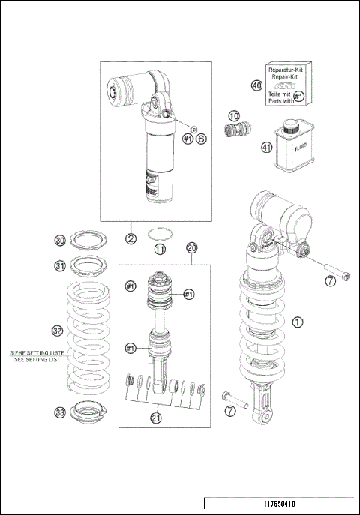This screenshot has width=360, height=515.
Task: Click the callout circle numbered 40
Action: click(257, 85)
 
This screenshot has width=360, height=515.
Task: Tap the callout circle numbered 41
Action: click(265, 147)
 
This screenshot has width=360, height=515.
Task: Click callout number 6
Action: click(202, 139)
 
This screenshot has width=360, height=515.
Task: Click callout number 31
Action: click(60, 264)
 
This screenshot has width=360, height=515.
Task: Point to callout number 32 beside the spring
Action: click(57, 329)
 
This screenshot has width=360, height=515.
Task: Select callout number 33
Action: click(60, 411)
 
